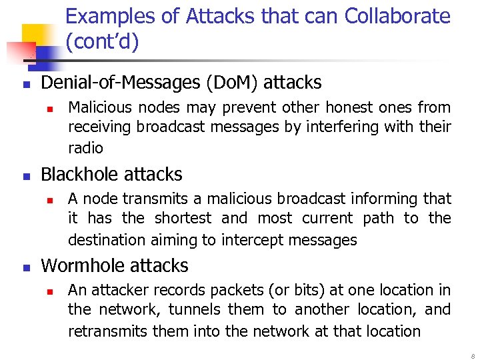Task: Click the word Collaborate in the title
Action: pyautogui.click(x=397, y=15)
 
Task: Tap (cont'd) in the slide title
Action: pyautogui.click(x=102, y=42)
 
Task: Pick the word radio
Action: pyautogui.click(x=85, y=147)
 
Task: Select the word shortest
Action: pyautogui.click(x=185, y=219)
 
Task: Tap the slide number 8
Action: pyautogui.click(x=471, y=353)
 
